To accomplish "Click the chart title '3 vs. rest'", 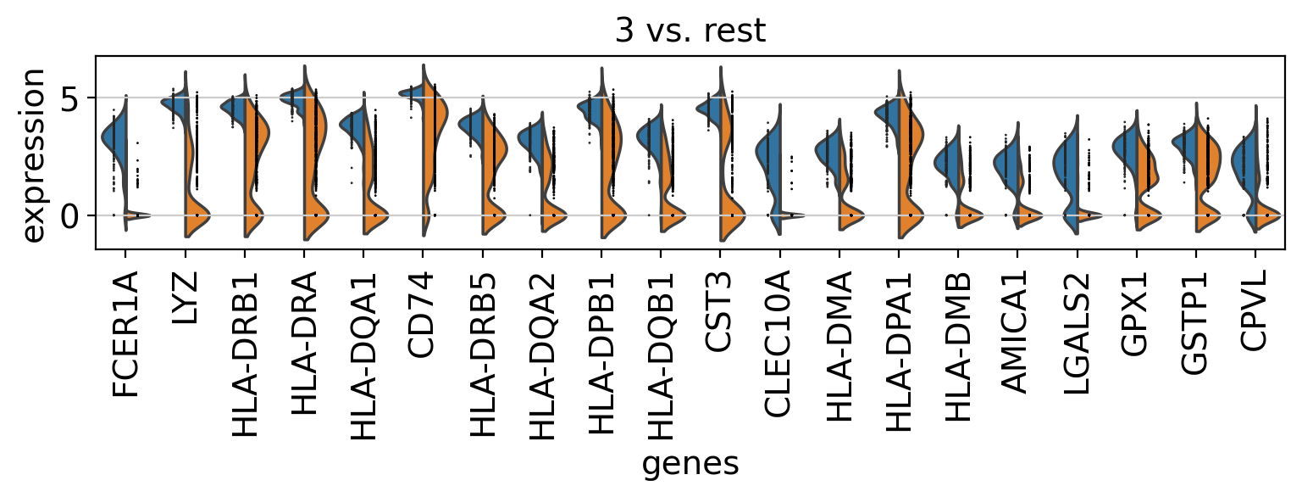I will click(690, 31).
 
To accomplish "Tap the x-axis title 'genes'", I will click(690, 464).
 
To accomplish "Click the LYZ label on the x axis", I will click(185, 298).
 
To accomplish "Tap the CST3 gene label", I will click(720, 308).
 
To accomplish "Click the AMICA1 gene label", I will click(1017, 338).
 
